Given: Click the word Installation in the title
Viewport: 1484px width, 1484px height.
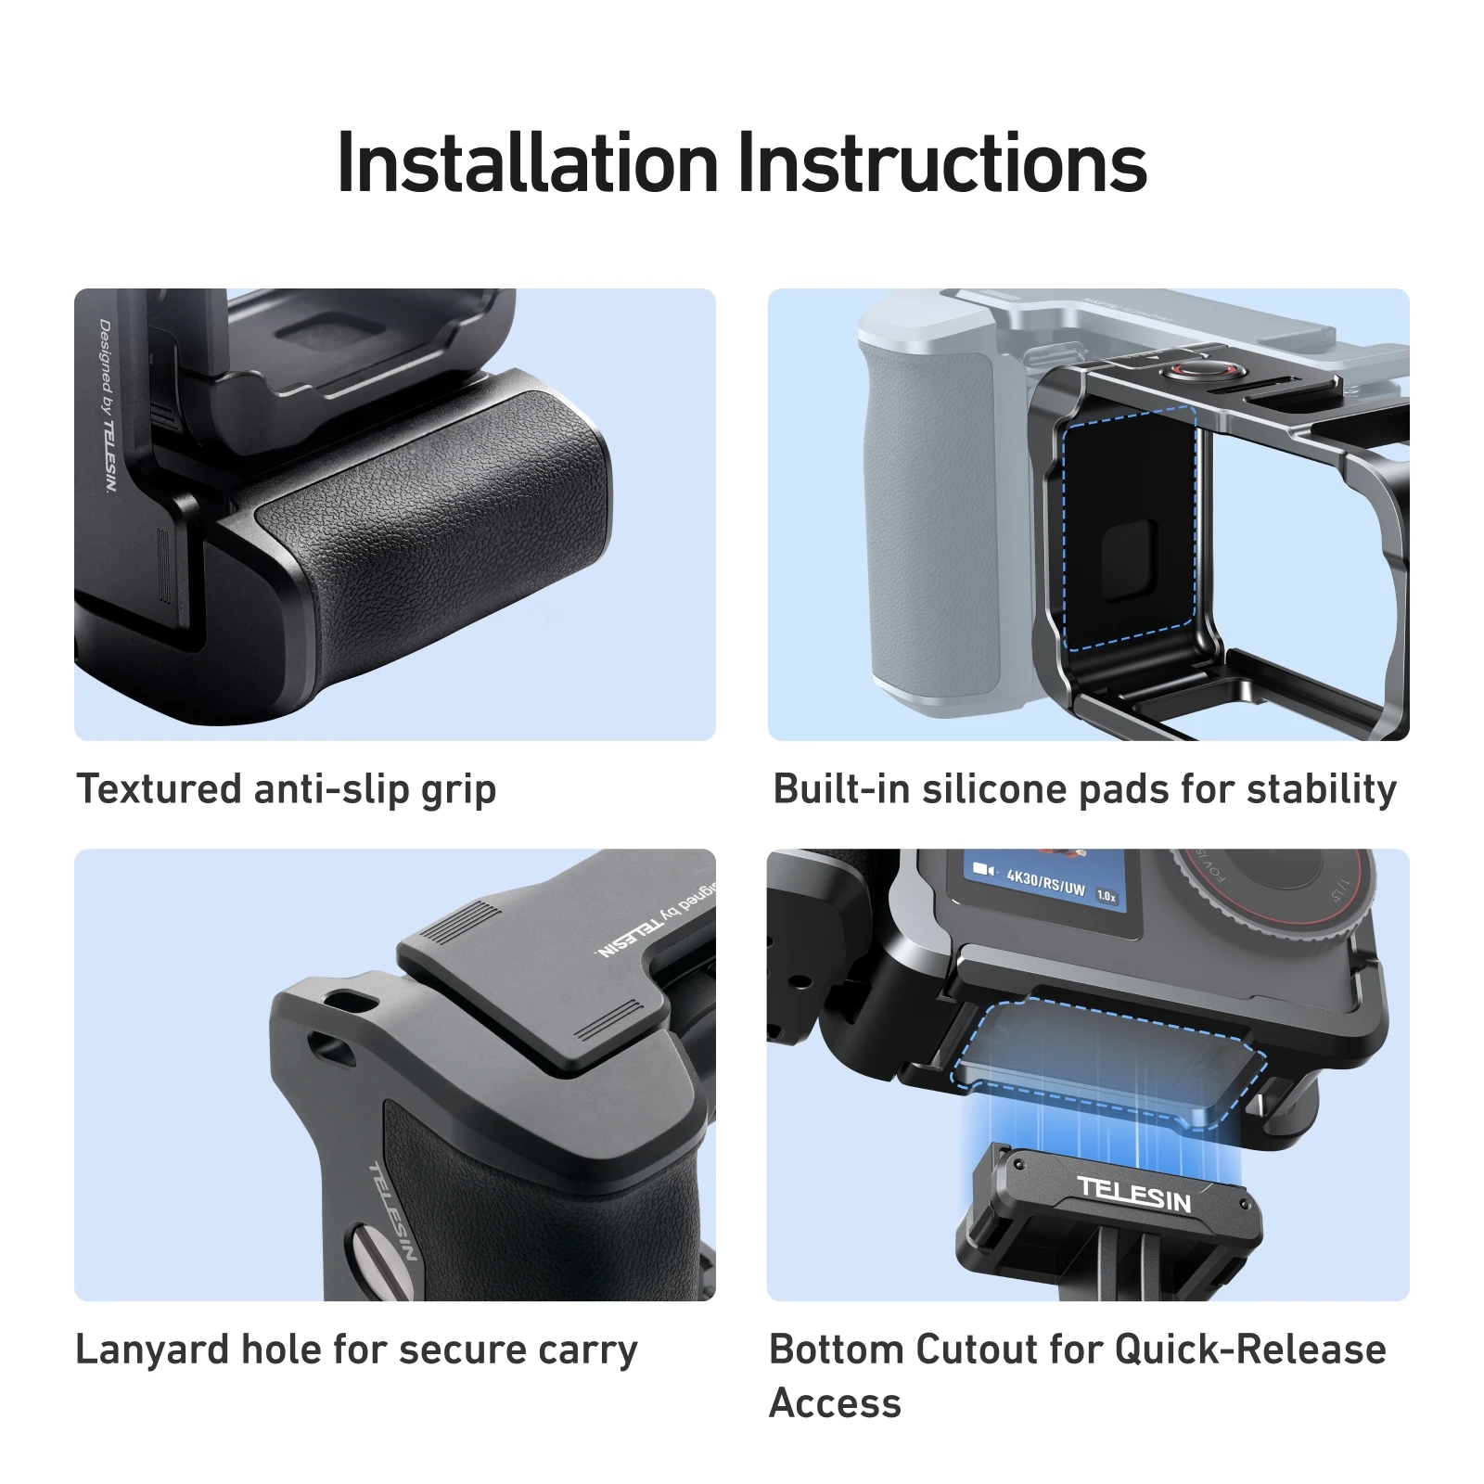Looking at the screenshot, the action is (528, 163).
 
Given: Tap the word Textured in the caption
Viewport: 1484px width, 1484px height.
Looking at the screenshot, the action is (159, 788).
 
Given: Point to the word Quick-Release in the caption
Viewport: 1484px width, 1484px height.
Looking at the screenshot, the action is (1250, 1350).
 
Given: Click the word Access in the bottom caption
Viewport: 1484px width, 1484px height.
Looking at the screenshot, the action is (835, 1403).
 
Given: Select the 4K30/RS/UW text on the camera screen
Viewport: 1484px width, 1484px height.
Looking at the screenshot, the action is (1045, 881).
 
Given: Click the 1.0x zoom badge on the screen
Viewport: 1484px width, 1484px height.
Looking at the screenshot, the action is (1107, 896).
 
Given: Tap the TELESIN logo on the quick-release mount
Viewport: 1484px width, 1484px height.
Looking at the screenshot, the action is (1134, 1195).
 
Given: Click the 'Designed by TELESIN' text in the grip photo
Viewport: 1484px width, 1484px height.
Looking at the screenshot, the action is (109, 405).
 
